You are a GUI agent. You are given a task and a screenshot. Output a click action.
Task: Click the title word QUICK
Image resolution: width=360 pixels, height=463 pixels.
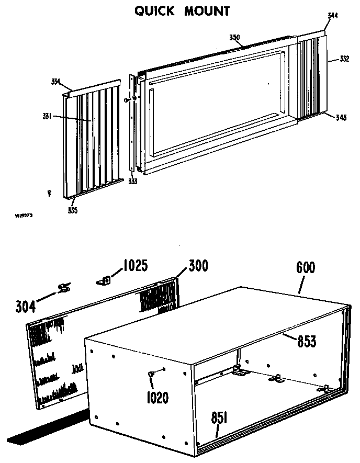click(155, 11)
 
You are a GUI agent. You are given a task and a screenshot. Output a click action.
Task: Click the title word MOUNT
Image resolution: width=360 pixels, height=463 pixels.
click(207, 11)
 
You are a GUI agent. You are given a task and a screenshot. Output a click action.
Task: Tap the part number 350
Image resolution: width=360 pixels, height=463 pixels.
click(234, 37)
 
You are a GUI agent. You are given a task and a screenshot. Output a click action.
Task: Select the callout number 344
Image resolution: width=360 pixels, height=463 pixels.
click(332, 16)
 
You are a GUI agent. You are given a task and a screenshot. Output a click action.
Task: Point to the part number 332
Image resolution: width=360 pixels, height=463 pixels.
click(344, 59)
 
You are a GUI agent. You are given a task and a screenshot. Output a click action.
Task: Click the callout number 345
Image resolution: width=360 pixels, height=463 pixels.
click(341, 117)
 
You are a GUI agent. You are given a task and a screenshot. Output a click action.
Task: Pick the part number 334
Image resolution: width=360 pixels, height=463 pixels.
click(55, 81)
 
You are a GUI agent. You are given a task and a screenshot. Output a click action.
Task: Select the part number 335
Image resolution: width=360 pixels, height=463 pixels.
click(72, 210)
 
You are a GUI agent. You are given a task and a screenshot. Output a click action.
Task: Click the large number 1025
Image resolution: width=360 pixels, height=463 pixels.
click(134, 266)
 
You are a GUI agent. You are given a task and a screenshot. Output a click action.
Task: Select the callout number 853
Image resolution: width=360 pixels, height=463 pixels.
click(306, 342)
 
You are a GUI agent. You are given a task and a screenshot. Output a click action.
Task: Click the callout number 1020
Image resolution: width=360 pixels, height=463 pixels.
click(157, 398)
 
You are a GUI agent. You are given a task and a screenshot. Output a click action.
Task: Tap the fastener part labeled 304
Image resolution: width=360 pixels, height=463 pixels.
click(64, 287)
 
